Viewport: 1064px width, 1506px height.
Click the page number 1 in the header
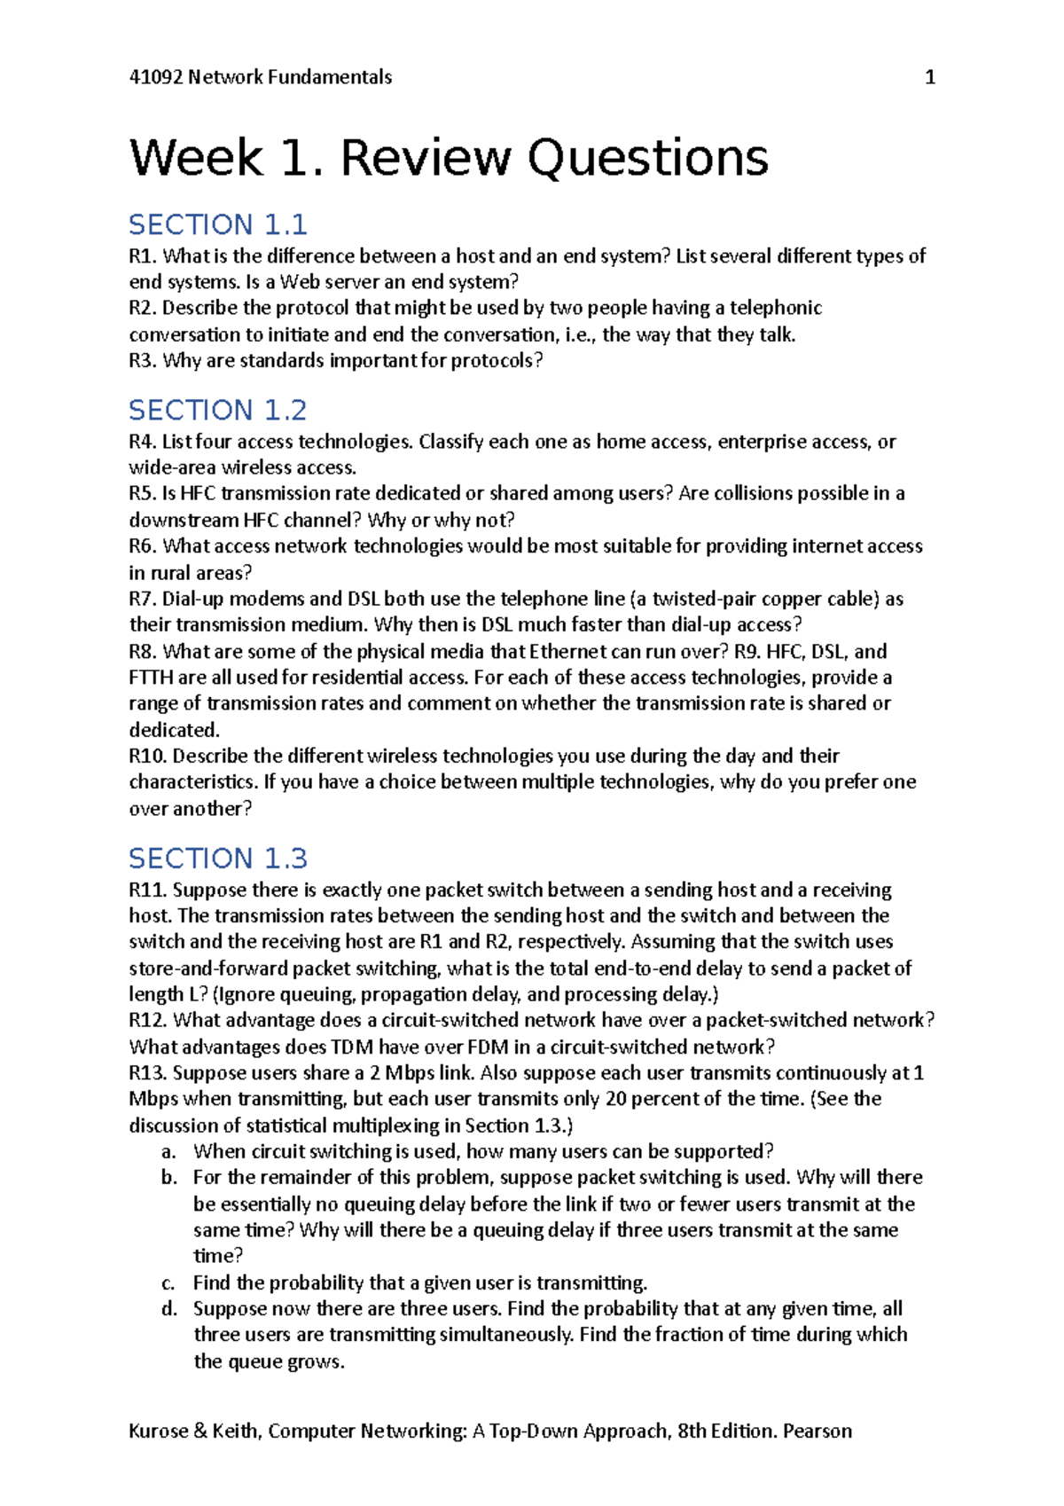tap(930, 77)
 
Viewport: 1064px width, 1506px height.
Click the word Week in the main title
tap(196, 159)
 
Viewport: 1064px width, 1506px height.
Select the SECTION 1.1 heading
tap(218, 224)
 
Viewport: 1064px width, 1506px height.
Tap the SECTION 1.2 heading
tap(218, 410)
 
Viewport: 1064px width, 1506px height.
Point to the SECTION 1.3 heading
tap(218, 858)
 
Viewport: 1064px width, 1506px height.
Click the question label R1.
tap(142, 256)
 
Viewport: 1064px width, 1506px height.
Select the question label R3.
tap(142, 360)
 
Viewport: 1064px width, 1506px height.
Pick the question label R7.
tap(142, 599)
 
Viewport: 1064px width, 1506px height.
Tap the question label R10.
tap(147, 756)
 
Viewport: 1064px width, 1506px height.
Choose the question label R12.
tap(147, 1020)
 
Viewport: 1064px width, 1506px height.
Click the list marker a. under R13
tap(168, 1151)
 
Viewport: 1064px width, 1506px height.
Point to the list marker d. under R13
tap(168, 1308)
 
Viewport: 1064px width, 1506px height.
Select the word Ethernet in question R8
tap(567, 651)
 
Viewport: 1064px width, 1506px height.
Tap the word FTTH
tap(151, 678)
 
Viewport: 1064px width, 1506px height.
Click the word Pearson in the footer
tap(817, 1431)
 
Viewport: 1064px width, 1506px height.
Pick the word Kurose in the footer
tap(158, 1431)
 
